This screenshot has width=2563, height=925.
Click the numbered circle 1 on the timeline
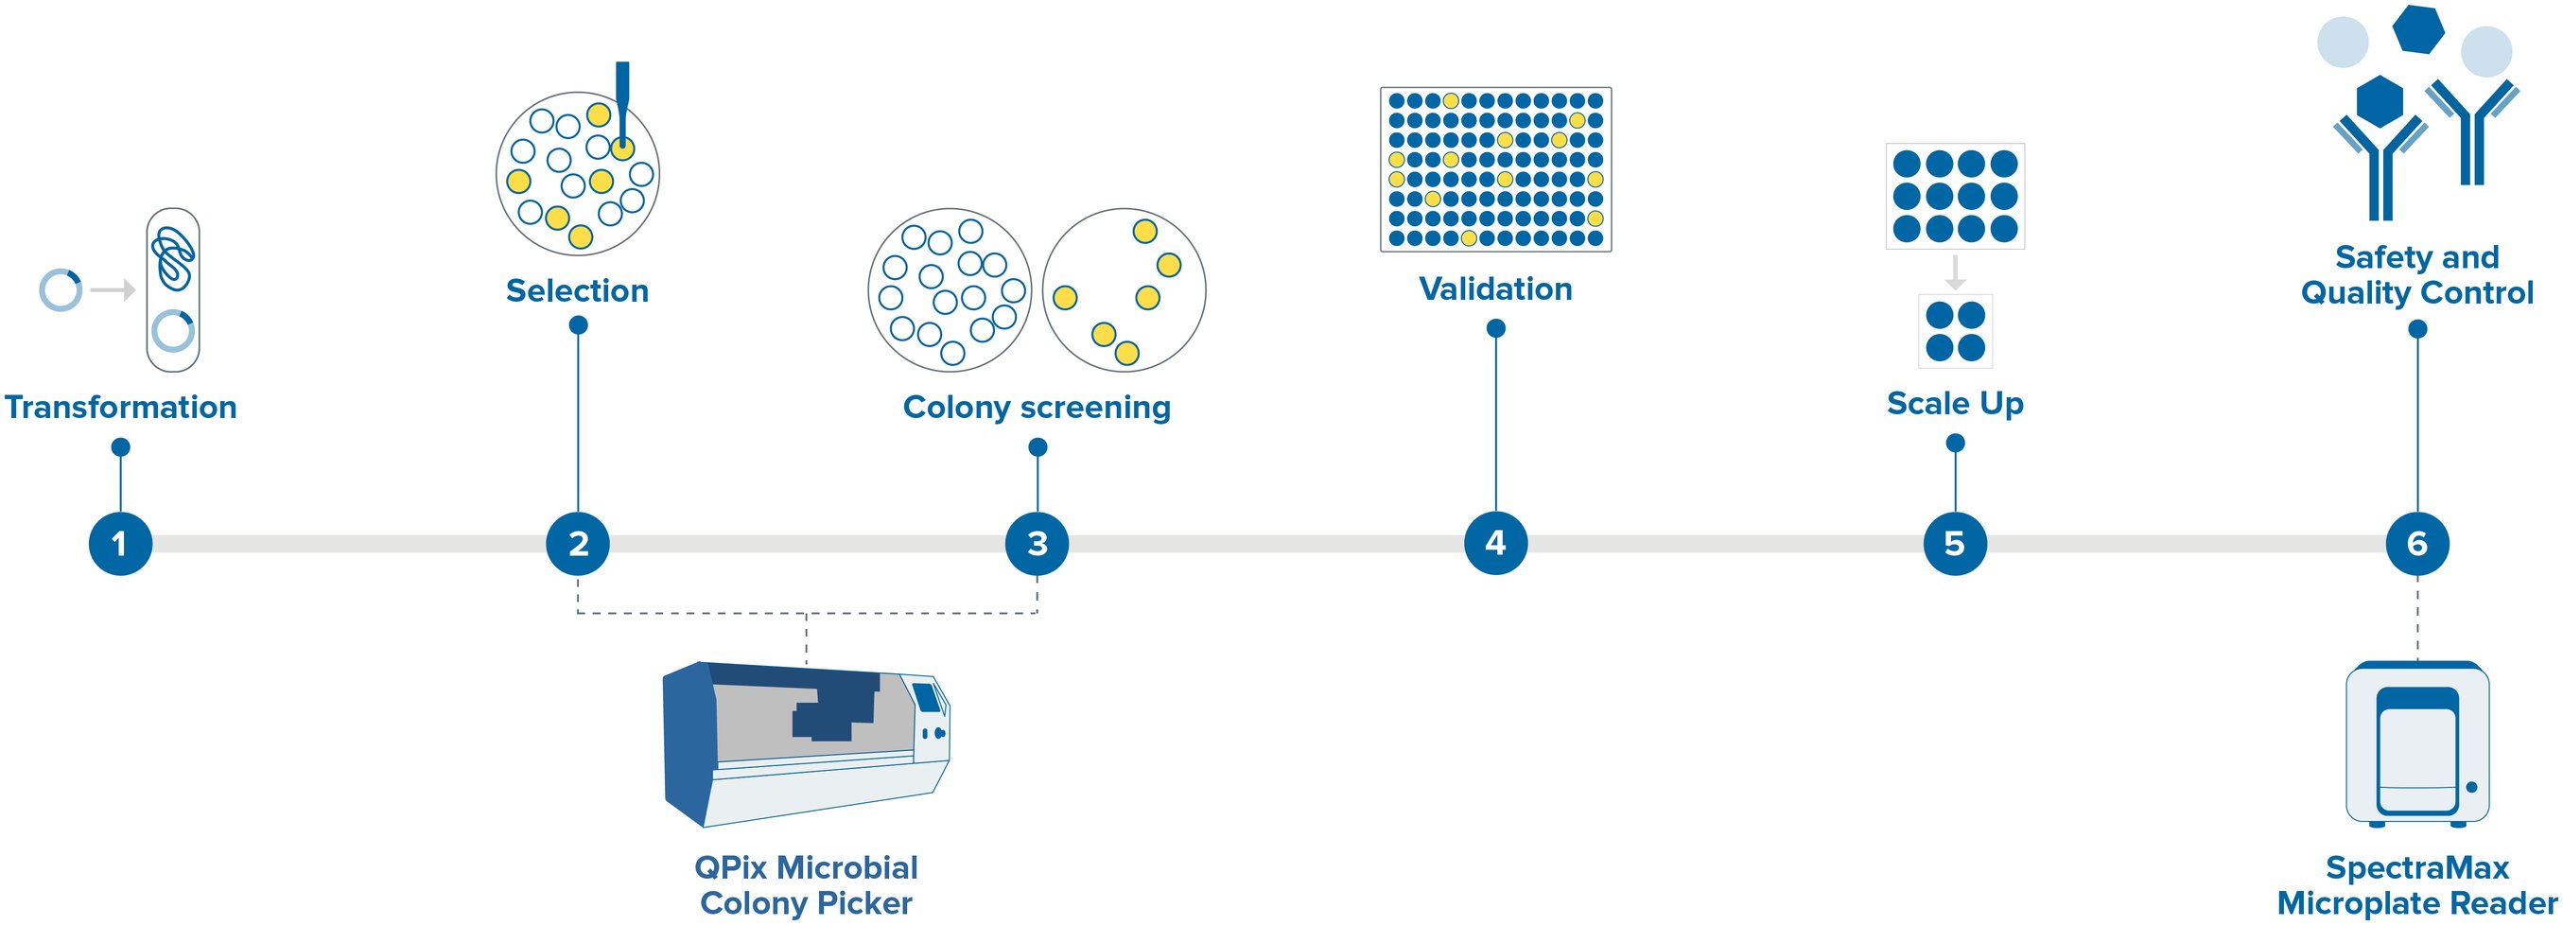[120, 544]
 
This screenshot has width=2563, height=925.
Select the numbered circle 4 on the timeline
[1495, 543]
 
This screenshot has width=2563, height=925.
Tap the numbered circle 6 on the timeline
[2416, 544]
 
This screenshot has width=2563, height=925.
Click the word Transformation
[120, 407]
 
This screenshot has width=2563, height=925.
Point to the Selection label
[577, 290]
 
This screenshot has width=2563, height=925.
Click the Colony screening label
[1037, 407]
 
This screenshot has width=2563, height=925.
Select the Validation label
[1495, 288]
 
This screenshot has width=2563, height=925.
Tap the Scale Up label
[1955, 403]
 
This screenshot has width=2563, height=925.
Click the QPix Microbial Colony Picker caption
[806, 884]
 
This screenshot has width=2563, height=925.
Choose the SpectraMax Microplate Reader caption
[2416, 884]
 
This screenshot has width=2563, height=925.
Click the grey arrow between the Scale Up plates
[1955, 271]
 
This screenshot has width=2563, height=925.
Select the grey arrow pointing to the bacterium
[113, 290]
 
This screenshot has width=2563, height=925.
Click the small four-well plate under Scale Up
[1955, 331]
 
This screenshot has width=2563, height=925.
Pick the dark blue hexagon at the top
[2417, 30]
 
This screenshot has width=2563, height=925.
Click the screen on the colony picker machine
[927, 698]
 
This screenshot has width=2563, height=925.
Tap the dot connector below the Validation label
[1495, 328]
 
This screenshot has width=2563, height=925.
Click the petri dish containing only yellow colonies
[1125, 290]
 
